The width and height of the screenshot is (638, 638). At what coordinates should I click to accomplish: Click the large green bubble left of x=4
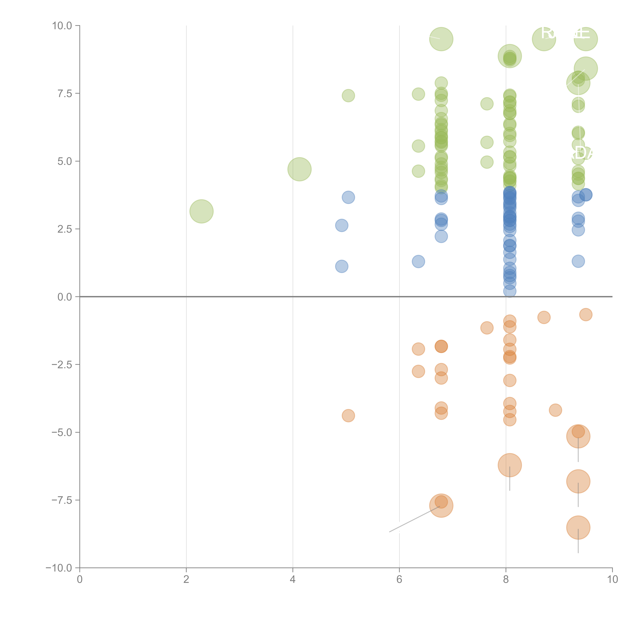tap(201, 211)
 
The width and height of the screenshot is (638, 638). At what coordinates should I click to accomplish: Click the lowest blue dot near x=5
tap(341, 266)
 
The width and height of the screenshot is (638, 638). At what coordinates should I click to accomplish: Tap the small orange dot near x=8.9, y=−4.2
tap(555, 410)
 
